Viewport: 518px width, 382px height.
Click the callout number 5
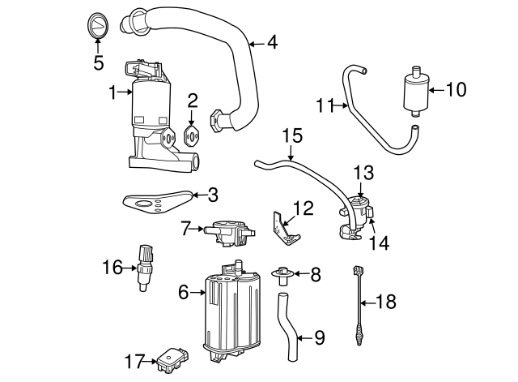click(x=97, y=62)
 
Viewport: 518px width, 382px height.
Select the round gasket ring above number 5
click(x=97, y=25)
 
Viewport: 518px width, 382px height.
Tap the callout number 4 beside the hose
click(x=272, y=42)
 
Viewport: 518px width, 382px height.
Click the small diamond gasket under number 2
click(x=193, y=135)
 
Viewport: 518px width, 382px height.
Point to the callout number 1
click(x=113, y=92)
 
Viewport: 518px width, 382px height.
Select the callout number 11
click(x=325, y=104)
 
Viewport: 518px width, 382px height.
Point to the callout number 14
click(x=379, y=243)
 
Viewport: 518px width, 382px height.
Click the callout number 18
click(x=387, y=303)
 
